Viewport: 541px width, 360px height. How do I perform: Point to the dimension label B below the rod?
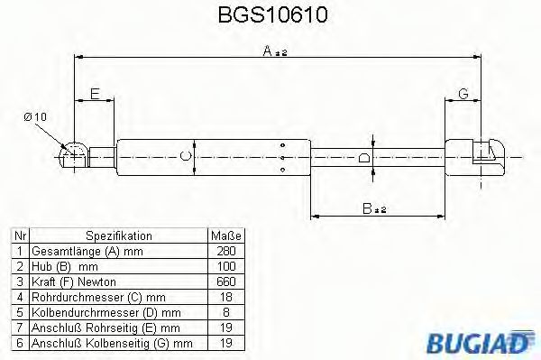pos(369,208)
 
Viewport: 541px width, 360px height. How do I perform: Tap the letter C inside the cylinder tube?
pos(186,156)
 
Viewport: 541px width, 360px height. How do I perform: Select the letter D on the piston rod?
pos(363,158)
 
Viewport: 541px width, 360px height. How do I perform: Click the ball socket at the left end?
pos(72,154)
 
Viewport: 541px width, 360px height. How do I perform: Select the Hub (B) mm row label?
pos(65,266)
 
